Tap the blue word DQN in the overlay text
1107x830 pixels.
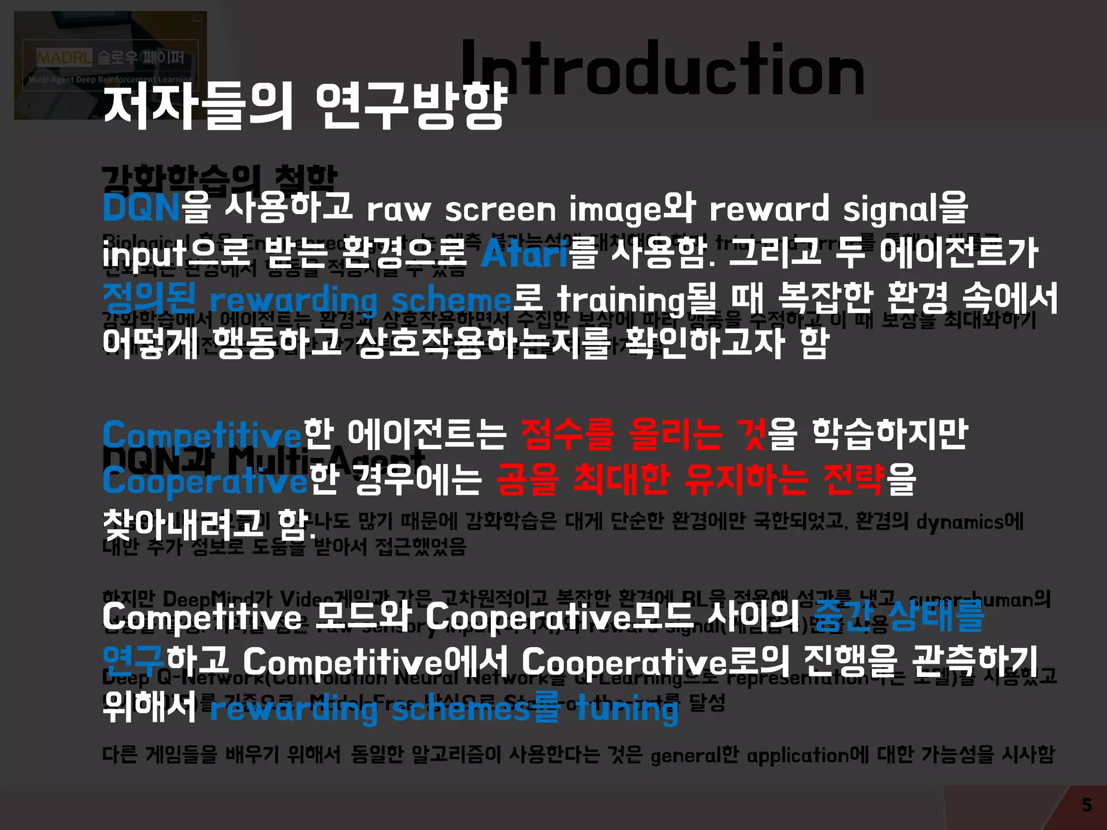(x=141, y=208)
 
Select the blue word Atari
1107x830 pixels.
(x=524, y=253)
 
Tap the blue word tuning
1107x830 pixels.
(x=626, y=709)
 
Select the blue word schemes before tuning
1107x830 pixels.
(x=461, y=709)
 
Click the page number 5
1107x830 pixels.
(x=1087, y=805)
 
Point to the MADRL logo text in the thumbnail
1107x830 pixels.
(x=64, y=57)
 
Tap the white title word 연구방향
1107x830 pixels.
(x=412, y=106)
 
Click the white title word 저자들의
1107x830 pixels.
(x=198, y=106)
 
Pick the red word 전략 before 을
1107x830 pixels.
(x=853, y=479)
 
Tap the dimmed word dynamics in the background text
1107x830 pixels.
(x=960, y=522)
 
